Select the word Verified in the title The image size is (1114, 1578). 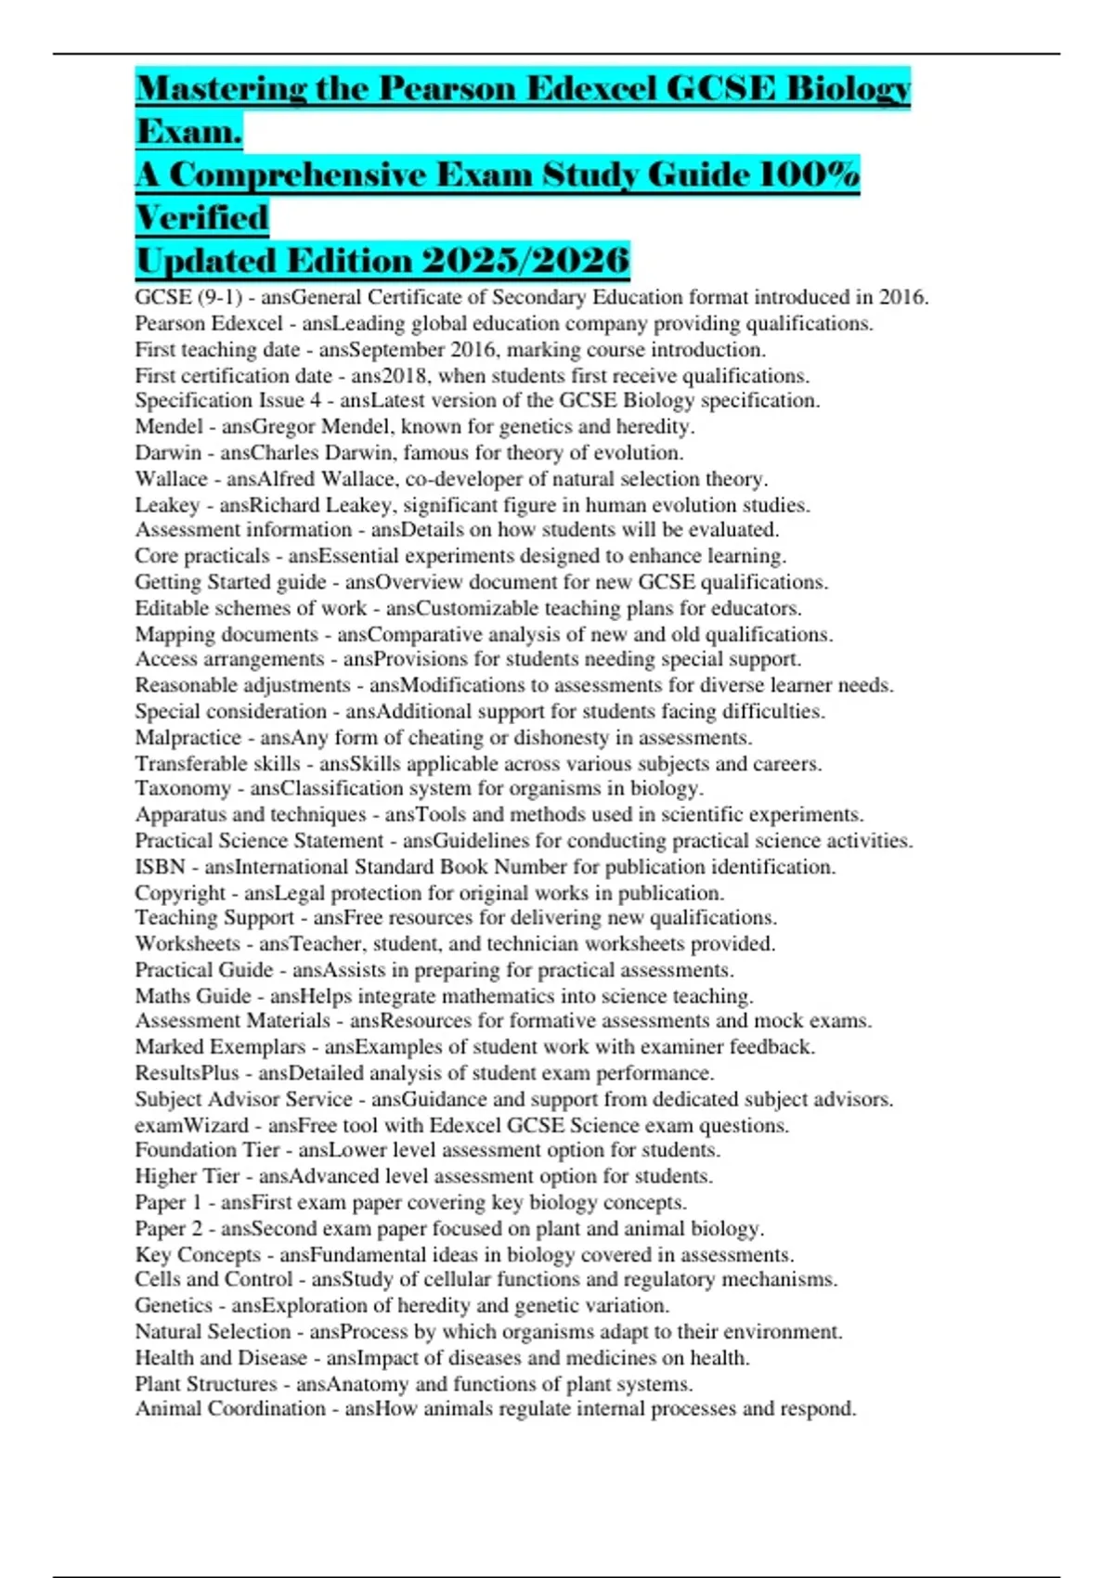pos(202,218)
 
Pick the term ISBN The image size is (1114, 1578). pos(160,867)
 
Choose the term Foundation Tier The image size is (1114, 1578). pos(207,1150)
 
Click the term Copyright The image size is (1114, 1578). pos(180,893)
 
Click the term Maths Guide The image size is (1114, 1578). pos(192,996)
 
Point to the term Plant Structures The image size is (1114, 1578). pos(206,1384)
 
